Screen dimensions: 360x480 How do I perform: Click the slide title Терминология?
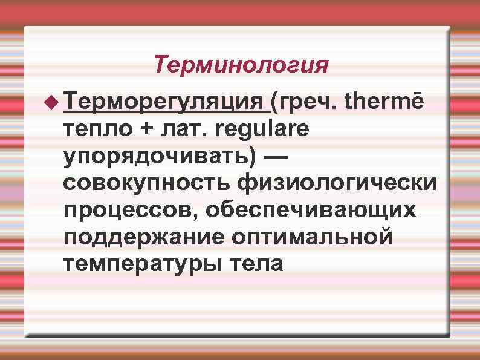241,64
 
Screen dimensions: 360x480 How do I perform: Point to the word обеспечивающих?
310,209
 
